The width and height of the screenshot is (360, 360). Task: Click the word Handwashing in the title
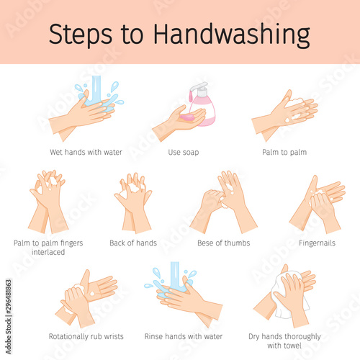232,35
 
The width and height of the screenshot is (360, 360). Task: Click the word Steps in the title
81,35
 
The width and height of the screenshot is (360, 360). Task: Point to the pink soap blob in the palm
187,117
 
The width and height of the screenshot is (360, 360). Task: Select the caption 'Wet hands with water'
86,152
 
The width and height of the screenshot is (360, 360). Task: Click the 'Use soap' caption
184,152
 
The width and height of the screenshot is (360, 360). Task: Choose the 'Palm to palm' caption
284,152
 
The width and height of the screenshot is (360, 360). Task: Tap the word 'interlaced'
48,252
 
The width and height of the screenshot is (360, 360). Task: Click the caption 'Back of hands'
133,243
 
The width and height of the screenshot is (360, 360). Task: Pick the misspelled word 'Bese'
205,243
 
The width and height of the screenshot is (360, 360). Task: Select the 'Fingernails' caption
317,243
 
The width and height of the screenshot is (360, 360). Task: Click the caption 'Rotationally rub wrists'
86,336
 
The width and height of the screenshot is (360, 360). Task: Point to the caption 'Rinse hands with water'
184,336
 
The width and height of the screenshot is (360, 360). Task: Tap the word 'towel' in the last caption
292,346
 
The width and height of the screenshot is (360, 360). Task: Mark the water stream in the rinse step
175,275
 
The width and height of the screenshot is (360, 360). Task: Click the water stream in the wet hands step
96,89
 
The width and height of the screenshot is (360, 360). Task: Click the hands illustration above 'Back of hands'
133,203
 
